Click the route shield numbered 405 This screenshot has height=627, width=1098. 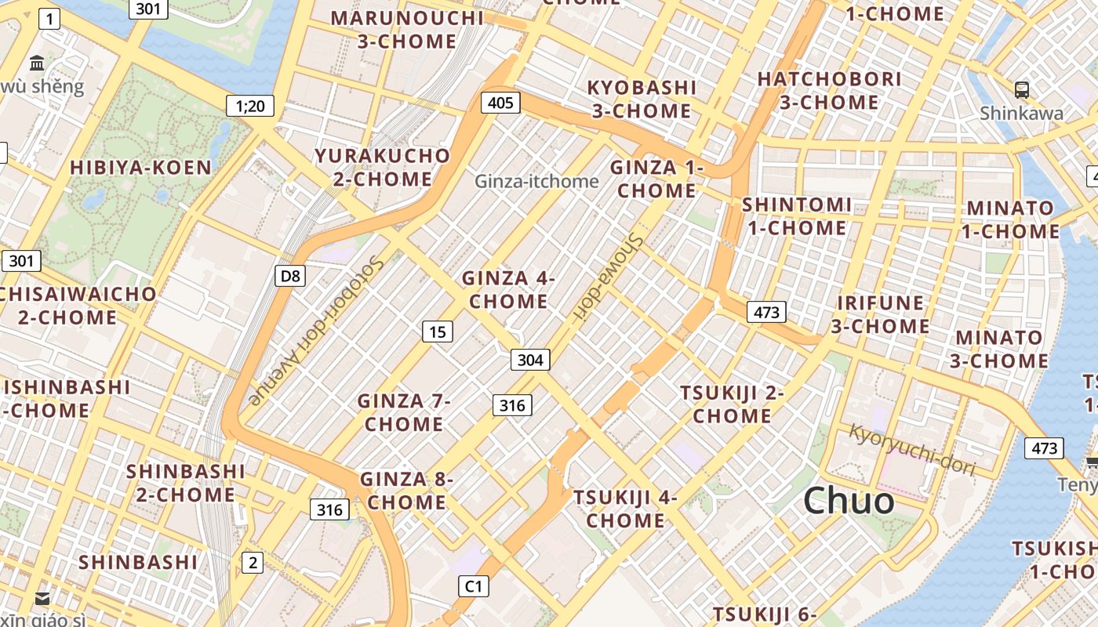500,102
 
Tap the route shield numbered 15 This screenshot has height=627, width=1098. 438,332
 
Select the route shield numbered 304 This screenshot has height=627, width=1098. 530,360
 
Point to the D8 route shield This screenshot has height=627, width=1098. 290,275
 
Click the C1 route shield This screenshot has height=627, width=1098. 474,585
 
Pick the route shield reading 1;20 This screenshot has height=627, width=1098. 250,106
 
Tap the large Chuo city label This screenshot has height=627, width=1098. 849,501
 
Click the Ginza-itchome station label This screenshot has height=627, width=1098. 536,181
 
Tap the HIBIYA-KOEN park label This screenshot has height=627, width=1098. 141,167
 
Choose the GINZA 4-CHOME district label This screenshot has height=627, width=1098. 508,289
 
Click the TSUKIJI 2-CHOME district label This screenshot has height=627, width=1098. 732,404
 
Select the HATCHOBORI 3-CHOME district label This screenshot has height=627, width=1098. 829,90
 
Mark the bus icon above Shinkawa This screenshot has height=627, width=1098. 1021,89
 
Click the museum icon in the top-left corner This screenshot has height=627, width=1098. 37,63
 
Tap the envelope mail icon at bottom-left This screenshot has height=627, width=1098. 42,599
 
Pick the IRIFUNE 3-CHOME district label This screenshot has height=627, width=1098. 880,314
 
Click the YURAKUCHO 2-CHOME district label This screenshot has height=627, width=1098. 383,167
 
